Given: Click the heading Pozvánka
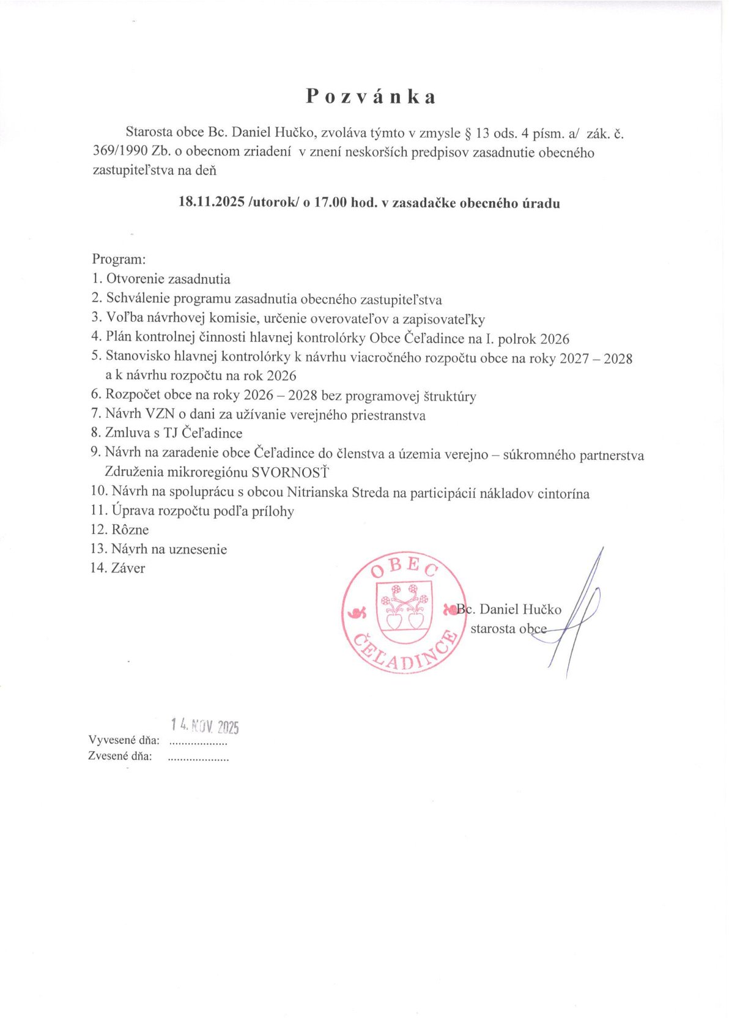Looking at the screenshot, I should [371, 97].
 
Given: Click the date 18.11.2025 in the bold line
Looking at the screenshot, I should [211, 202].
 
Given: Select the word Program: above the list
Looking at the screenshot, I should [119, 259].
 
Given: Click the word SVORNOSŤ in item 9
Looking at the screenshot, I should [290, 472].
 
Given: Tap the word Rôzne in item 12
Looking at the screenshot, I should [130, 530].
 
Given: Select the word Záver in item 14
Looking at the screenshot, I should [128, 568].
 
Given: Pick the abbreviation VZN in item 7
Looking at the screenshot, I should [160, 415].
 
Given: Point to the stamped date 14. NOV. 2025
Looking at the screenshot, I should [205, 726].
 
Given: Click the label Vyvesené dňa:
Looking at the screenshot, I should [124, 741].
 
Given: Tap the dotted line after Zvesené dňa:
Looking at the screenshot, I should [198, 757].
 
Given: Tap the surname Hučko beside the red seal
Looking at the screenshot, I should [541, 609].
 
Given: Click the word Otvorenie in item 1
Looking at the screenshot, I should [136, 280].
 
